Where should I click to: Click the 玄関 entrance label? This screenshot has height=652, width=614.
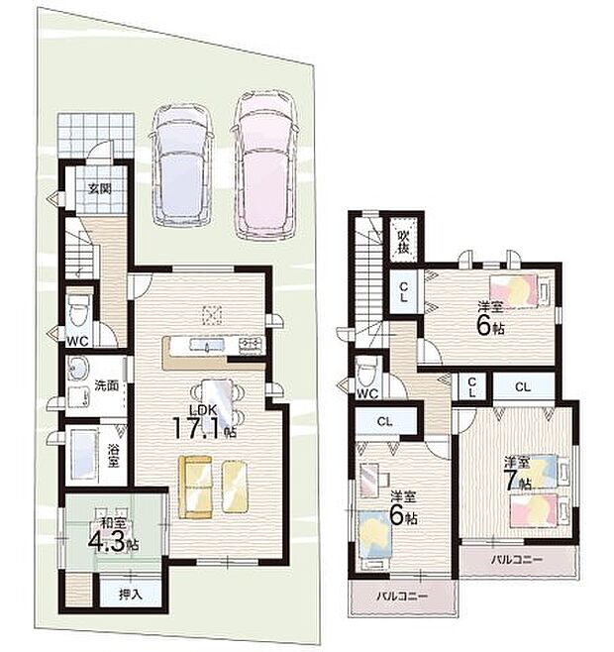pos(100,188)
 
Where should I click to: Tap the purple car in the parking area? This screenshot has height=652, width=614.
pos(181,164)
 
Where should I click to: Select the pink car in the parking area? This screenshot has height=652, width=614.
pos(264,165)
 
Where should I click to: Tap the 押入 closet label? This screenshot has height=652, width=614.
pos(131,595)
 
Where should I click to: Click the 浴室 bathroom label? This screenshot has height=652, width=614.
pos(113,456)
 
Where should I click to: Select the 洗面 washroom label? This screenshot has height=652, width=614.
pos(106,385)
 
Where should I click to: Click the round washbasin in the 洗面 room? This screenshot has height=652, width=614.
pos(77,369)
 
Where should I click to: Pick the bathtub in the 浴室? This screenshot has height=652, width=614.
pos(84,454)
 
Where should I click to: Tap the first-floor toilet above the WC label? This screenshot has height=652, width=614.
pos(79,310)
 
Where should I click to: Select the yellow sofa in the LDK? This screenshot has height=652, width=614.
pos(195,487)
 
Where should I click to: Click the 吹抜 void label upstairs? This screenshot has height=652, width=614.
pos(403,242)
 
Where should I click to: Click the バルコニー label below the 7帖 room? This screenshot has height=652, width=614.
pos(517,560)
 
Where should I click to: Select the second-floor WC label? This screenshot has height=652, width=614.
pos(367,393)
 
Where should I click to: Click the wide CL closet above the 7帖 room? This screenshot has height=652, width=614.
pos(523,387)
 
